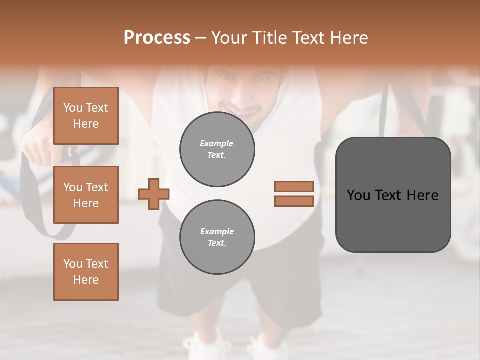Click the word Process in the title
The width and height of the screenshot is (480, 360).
157,38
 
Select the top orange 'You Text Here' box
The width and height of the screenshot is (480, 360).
86,116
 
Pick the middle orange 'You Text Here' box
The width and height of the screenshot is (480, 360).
86,195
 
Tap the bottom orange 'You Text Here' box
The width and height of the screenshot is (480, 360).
86,272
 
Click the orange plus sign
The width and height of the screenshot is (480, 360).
154,194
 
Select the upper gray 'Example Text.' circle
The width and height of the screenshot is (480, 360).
217,149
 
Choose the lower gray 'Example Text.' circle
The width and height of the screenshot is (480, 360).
217,237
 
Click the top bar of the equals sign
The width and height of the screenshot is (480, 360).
294,186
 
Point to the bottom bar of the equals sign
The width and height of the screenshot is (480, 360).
294,201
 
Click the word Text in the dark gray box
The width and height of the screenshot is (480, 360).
393,195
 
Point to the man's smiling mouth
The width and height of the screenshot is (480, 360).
245,111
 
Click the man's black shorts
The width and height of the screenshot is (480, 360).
285,290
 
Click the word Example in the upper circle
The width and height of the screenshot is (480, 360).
217,143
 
